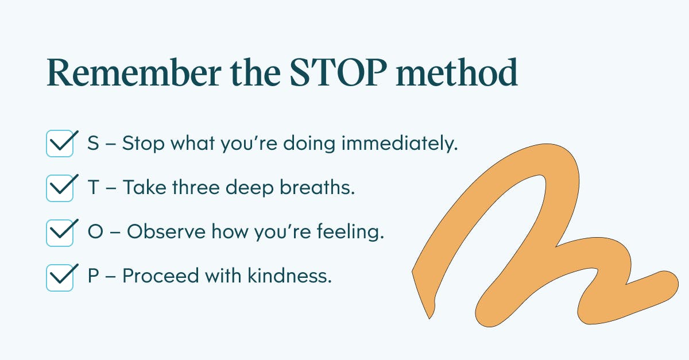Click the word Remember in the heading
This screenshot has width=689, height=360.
(x=134, y=72)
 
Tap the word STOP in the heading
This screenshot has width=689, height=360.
(x=338, y=72)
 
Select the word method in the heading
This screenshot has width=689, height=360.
(x=457, y=72)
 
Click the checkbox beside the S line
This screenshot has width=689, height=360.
(x=60, y=144)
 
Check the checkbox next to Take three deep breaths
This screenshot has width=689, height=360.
(x=60, y=188)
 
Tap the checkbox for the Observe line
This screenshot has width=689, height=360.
(x=60, y=233)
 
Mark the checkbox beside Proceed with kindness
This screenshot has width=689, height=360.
(x=60, y=277)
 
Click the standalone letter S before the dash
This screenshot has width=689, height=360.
(x=93, y=143)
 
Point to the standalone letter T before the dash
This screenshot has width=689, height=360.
(x=94, y=187)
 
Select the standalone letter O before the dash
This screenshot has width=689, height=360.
(x=95, y=231)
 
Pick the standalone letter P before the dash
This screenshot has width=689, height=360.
(x=93, y=276)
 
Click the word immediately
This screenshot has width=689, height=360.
(x=400, y=144)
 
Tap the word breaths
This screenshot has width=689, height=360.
(x=318, y=187)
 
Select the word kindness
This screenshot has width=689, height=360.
(x=290, y=276)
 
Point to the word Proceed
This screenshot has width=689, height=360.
(x=161, y=276)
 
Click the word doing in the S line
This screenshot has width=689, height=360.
(x=309, y=144)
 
